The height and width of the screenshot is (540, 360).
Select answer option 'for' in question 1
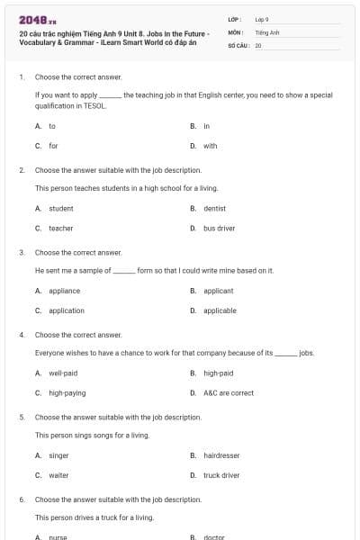(53, 146)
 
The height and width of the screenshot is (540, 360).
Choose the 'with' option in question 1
(210, 146)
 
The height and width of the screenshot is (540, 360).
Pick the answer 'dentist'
(214, 208)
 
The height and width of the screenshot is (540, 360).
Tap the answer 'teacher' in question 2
(60, 229)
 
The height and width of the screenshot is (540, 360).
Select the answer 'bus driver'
(219, 229)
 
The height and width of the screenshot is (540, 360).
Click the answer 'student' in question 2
(60, 208)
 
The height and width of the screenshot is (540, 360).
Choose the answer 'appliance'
(64, 291)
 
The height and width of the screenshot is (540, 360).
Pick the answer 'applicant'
(218, 291)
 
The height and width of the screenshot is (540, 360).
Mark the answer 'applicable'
(220, 310)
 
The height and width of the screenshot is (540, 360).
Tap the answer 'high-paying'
(67, 393)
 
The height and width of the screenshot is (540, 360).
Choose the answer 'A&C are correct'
(229, 393)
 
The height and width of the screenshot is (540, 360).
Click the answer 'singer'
(58, 455)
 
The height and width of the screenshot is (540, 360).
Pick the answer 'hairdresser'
(221, 455)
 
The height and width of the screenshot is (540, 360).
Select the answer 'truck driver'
(221, 475)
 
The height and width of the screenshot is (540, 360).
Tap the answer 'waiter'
(58, 475)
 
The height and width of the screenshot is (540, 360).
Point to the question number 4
(22, 335)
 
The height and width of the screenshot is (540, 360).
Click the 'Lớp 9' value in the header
(262, 19)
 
